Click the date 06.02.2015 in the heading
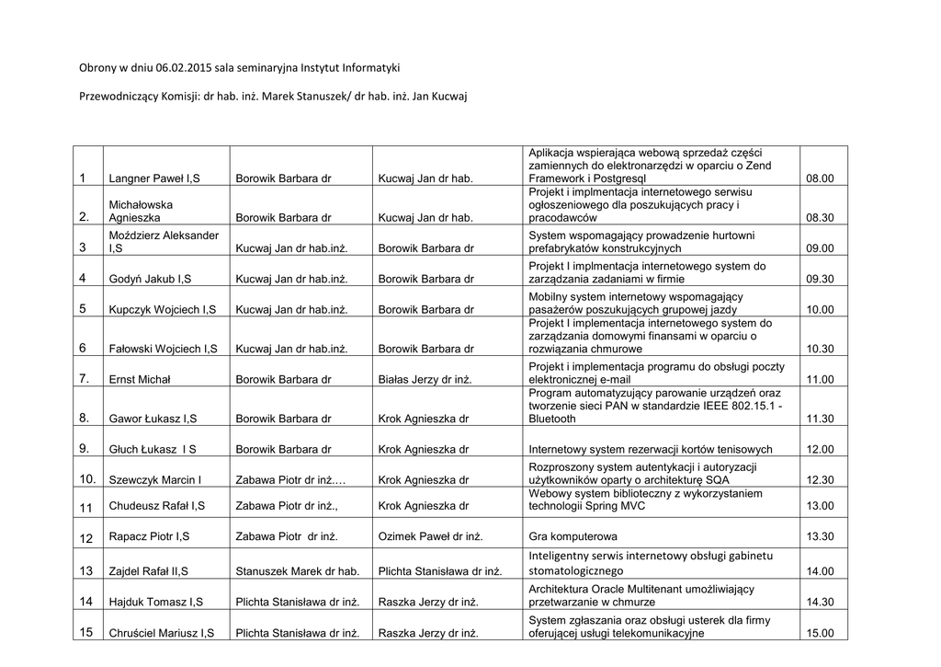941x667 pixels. (185, 68)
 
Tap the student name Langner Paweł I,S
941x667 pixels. (156, 178)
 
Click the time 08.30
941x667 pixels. (819, 219)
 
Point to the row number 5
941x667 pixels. (83, 309)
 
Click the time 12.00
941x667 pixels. (820, 450)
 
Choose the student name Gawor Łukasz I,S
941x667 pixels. (153, 420)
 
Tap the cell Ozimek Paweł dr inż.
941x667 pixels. (431, 536)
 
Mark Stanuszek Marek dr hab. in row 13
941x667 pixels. (297, 571)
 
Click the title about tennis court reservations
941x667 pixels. (650, 450)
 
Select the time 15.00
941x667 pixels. (820, 633)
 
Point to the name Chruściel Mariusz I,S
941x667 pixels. (162, 633)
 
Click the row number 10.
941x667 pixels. (87, 479)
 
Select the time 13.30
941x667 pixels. (820, 536)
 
